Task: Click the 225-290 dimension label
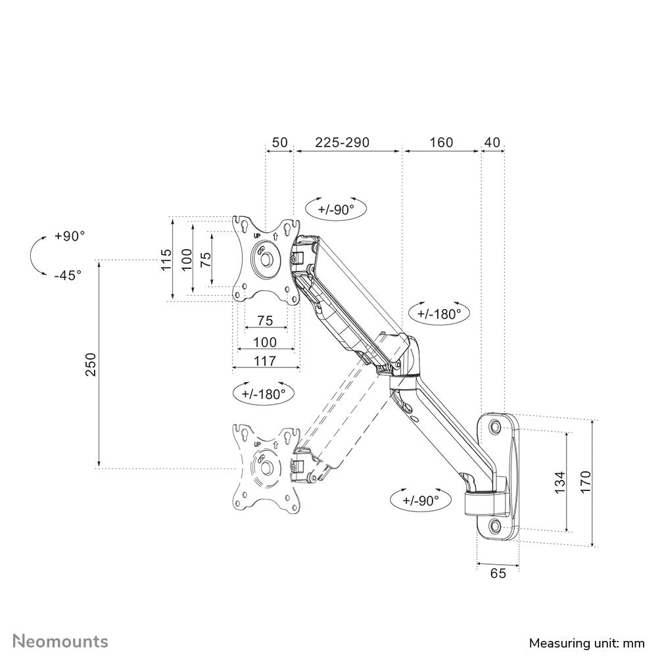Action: coord(342,143)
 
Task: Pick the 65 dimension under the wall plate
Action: coord(498,573)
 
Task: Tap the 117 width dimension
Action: coord(266,360)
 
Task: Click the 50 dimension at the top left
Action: coord(279,143)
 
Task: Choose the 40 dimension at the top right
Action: coord(492,143)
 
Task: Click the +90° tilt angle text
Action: coord(70,236)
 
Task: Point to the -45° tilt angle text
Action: coord(68,275)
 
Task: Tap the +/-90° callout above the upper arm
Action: coord(335,210)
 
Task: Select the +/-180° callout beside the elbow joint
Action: coord(439,314)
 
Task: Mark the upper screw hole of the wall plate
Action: coord(494,427)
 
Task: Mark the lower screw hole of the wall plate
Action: coord(494,525)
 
